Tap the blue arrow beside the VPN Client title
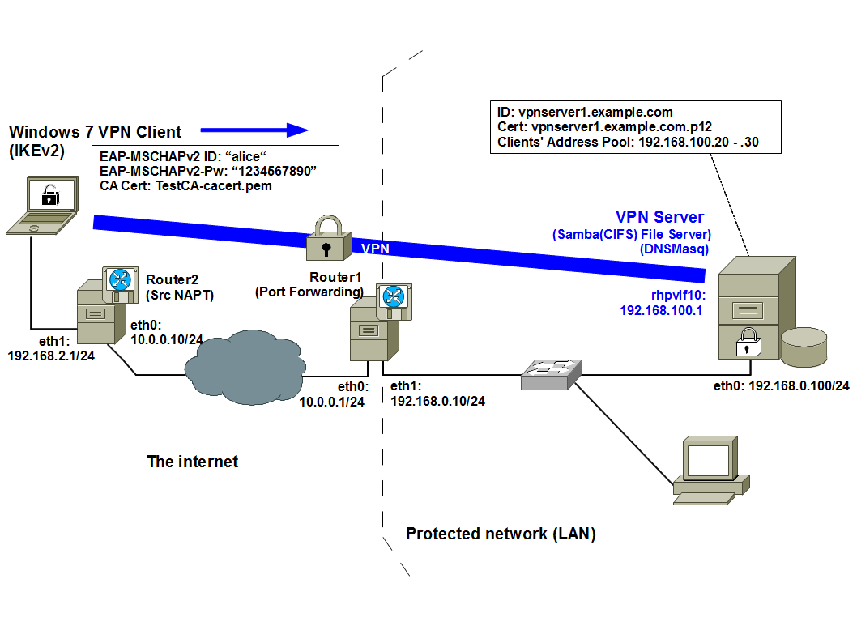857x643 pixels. [254, 130]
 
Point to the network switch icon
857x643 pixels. [552, 373]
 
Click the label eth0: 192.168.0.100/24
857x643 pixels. [781, 385]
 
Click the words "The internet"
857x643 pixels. [193, 462]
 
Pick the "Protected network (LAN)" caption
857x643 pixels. [501, 534]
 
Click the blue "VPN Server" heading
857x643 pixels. [659, 217]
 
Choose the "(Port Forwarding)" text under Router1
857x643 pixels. [309, 292]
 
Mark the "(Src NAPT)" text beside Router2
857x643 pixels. [179, 296]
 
